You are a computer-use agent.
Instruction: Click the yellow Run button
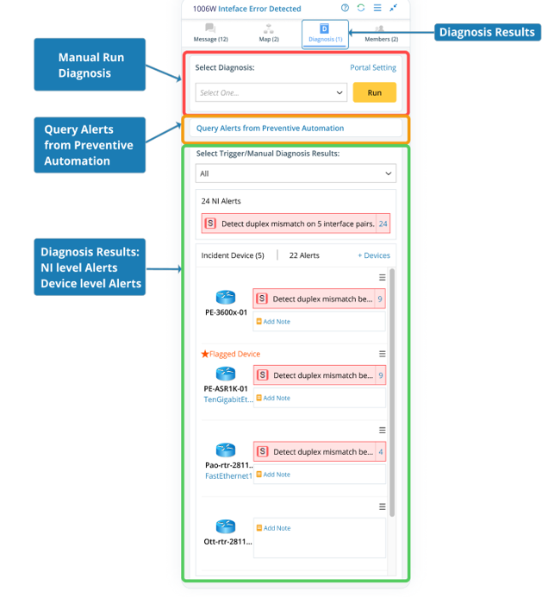pyautogui.click(x=374, y=92)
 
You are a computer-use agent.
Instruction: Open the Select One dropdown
pyautogui.click(x=271, y=92)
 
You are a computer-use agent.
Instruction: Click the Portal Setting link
pyautogui.click(x=372, y=67)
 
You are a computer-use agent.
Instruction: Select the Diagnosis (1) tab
pyautogui.click(x=325, y=34)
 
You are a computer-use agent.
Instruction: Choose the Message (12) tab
pyautogui.click(x=210, y=34)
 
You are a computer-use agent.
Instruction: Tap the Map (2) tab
pyautogui.click(x=269, y=34)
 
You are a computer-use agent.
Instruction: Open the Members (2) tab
pyautogui.click(x=381, y=34)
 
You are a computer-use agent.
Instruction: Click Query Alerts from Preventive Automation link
pyautogui.click(x=270, y=128)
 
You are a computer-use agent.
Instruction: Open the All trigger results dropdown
pyautogui.click(x=296, y=173)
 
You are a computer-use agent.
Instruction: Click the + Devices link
pyautogui.click(x=373, y=255)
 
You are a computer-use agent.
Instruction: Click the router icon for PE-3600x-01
pyautogui.click(x=226, y=297)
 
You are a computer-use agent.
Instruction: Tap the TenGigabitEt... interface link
pyautogui.click(x=227, y=400)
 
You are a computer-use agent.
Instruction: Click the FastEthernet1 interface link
pyautogui.click(x=227, y=475)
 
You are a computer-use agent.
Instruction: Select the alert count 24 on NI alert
pyautogui.click(x=383, y=223)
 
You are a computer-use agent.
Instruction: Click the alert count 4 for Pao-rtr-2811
pyautogui.click(x=380, y=451)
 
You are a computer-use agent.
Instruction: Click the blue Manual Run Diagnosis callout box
pyautogui.click(x=90, y=65)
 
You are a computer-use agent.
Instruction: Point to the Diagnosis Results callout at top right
pyautogui.click(x=487, y=33)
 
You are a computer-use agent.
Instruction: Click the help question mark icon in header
pyautogui.click(x=345, y=9)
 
